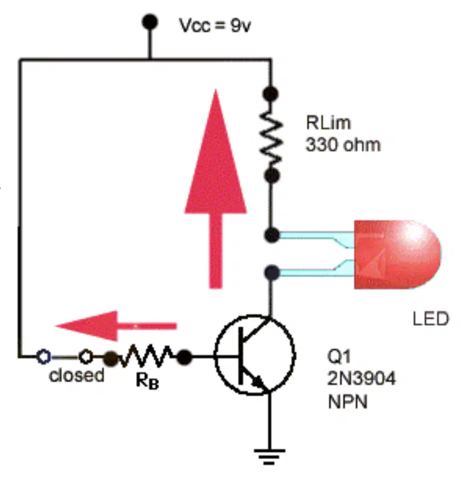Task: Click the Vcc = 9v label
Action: click(x=215, y=25)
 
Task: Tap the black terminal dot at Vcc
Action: click(x=150, y=22)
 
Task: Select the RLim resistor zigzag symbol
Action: click(x=271, y=135)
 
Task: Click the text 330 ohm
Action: click(x=343, y=145)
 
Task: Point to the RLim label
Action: click(x=328, y=122)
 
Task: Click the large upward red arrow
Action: click(x=216, y=189)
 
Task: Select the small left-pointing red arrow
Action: click(x=116, y=326)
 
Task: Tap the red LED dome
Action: click(x=398, y=255)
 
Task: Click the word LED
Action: click(x=431, y=319)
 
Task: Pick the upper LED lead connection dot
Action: click(x=272, y=235)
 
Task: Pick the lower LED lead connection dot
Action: click(x=272, y=273)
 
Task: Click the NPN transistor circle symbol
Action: click(x=255, y=355)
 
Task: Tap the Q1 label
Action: click(x=339, y=357)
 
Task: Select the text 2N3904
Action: click(x=362, y=378)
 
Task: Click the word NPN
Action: click(x=347, y=402)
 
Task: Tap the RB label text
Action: click(x=147, y=381)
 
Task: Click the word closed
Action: click(x=77, y=375)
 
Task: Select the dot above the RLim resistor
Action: click(x=271, y=94)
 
